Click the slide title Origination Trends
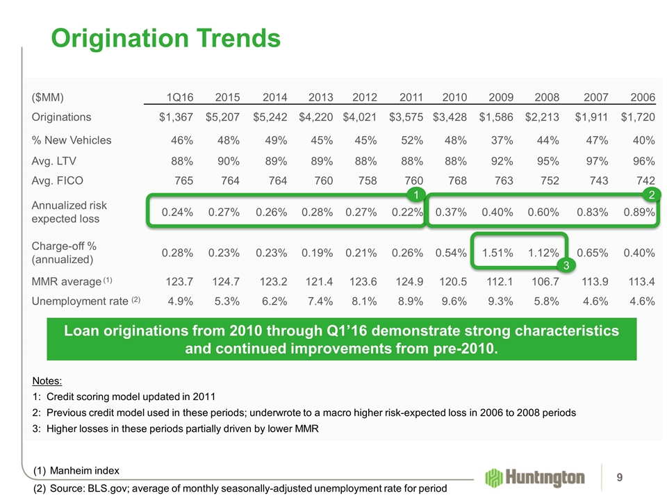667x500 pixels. [165, 38]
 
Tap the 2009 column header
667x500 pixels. [500, 97]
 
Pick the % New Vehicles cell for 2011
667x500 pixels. [409, 140]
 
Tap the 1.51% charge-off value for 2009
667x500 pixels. [497, 252]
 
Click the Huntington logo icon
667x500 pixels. [495, 478]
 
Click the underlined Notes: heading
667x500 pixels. [47, 381]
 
